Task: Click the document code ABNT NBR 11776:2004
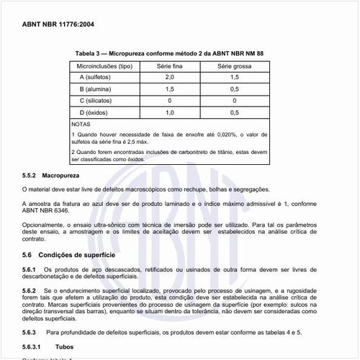click(58, 24)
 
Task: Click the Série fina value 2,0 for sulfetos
click(169, 76)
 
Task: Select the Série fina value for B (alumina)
click(169, 89)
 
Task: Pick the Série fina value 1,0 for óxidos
click(169, 113)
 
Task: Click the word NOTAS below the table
click(81, 125)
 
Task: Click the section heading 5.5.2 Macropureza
click(51, 176)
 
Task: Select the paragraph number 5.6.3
click(32, 333)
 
